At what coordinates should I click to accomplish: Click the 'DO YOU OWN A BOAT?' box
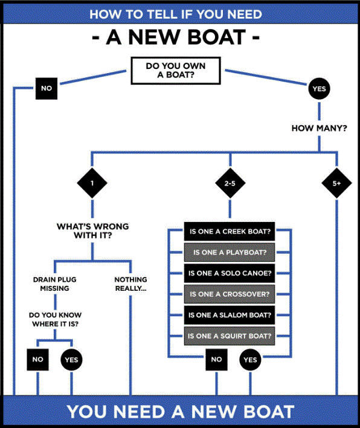[175, 70]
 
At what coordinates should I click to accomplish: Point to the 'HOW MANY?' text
[319, 128]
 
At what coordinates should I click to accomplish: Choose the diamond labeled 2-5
[230, 184]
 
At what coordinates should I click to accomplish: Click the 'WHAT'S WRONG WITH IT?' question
[92, 232]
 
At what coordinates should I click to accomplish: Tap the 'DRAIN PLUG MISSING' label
[55, 284]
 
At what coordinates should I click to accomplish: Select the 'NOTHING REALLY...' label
[130, 284]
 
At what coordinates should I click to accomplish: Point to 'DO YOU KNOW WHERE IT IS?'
[55, 320]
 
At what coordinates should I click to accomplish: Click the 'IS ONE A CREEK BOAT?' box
[230, 232]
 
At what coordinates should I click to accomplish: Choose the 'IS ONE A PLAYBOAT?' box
[230, 252]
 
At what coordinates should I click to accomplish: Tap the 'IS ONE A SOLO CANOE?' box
[230, 273]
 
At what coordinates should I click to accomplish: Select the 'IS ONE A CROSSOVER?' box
[230, 294]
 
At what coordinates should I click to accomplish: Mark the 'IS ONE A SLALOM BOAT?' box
[230, 315]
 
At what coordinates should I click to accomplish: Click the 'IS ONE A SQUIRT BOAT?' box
[230, 336]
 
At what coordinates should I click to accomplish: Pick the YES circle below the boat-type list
[251, 360]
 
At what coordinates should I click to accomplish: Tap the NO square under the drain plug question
[37, 360]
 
